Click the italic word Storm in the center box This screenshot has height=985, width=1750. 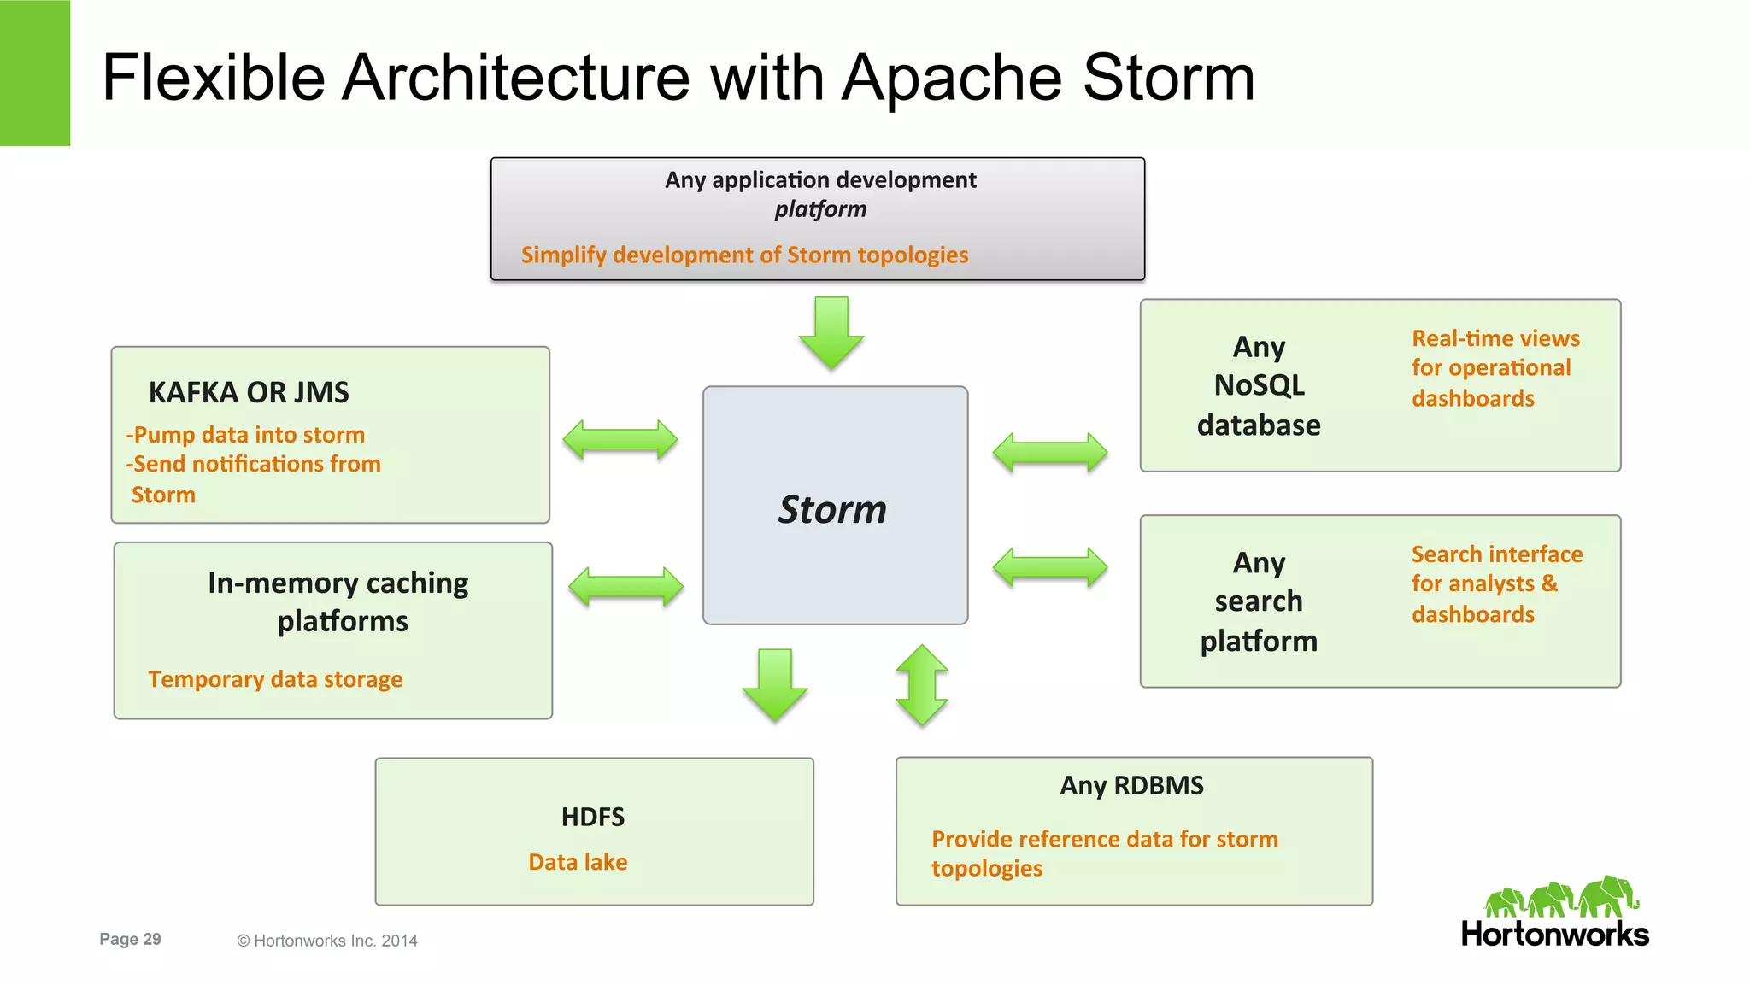[x=832, y=510]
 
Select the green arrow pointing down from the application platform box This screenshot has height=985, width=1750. [x=831, y=332]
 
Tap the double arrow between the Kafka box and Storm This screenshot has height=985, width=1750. [x=620, y=440]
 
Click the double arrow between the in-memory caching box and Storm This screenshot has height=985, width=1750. [x=625, y=587]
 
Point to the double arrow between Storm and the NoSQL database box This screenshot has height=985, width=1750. [x=1050, y=452]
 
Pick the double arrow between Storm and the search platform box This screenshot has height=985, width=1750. [x=1050, y=567]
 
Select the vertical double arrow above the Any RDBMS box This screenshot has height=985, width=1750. [x=922, y=685]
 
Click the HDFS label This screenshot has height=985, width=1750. [x=593, y=817]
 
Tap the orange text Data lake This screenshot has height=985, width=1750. [x=578, y=862]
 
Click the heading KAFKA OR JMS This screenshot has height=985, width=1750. [x=249, y=392]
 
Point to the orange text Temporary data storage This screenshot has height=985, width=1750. [x=275, y=679]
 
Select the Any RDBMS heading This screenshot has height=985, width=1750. [x=1131, y=785]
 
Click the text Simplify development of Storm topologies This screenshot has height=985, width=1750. [x=744, y=255]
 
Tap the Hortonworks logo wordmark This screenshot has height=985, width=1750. [x=1554, y=934]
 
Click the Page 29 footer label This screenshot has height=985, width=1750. [x=130, y=939]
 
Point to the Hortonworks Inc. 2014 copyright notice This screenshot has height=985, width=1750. [x=327, y=941]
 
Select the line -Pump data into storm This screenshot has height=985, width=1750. [x=246, y=435]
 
